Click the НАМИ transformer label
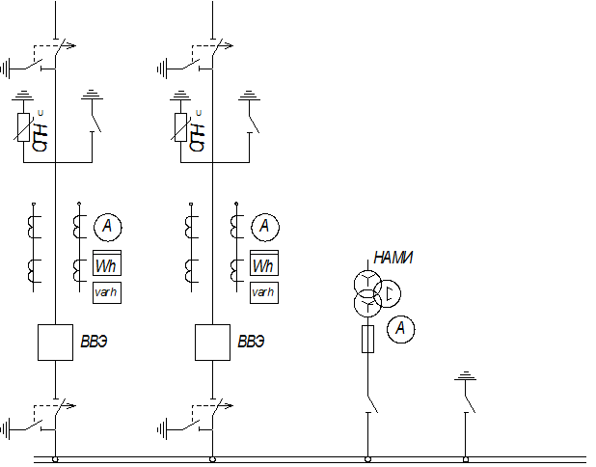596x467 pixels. click(393, 258)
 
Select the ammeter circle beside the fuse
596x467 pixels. click(400, 329)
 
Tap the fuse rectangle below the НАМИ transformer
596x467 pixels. click(367, 339)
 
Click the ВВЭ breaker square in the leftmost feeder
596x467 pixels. click(56, 343)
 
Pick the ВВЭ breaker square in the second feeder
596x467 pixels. click(212, 343)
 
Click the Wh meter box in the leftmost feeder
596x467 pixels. click(107, 262)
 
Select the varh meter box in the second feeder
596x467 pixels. click(264, 292)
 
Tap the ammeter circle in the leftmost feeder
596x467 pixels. click(108, 227)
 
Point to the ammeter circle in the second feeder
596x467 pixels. click(265, 227)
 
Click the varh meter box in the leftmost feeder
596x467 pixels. click(107, 292)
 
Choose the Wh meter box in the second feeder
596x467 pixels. click(264, 262)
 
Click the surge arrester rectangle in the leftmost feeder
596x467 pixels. click(23, 127)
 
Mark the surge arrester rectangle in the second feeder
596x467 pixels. click(180, 127)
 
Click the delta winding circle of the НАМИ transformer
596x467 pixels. click(388, 293)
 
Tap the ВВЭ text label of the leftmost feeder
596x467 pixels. click(94, 342)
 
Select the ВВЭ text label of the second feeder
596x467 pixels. click(251, 342)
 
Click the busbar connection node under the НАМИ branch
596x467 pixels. click(367, 459)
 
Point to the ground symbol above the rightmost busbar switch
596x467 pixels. click(465, 376)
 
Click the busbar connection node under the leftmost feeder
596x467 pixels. click(56, 459)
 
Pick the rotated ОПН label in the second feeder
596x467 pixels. click(198, 137)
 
